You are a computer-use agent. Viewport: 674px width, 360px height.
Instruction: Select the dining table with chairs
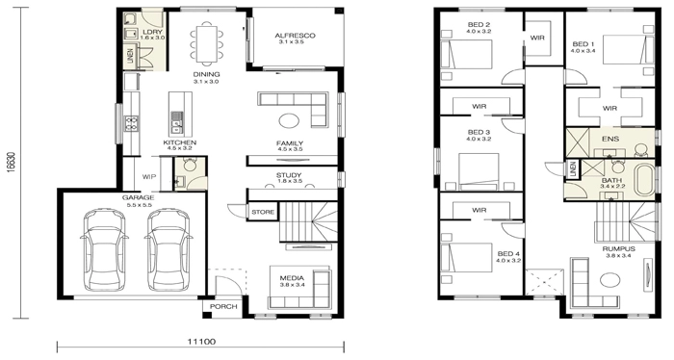206,40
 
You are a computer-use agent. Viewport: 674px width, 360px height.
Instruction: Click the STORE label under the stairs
262,211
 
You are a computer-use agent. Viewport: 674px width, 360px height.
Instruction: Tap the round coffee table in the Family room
289,120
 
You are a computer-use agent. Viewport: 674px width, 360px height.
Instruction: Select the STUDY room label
290,174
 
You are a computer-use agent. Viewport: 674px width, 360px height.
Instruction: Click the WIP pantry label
149,177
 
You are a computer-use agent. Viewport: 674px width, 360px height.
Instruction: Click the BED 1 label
583,43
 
